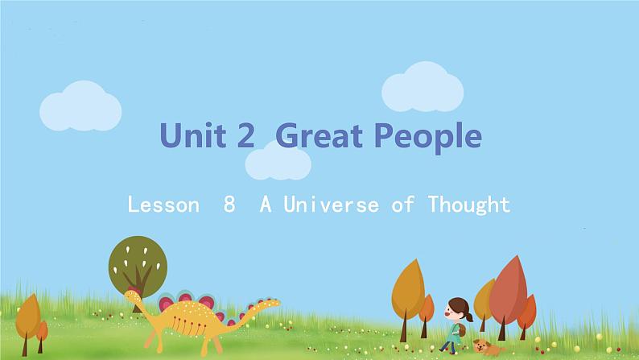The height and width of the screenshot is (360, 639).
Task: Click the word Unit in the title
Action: [x=192, y=136]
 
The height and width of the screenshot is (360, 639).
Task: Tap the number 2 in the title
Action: [x=245, y=136]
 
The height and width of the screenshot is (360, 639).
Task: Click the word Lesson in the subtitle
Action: [x=163, y=205]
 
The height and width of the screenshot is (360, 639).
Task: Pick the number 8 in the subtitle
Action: [x=230, y=205]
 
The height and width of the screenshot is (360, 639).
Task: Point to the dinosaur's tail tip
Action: [x=276, y=303]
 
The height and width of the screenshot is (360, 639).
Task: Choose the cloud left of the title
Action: [x=80, y=106]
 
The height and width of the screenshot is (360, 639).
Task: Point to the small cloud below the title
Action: [x=278, y=163]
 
